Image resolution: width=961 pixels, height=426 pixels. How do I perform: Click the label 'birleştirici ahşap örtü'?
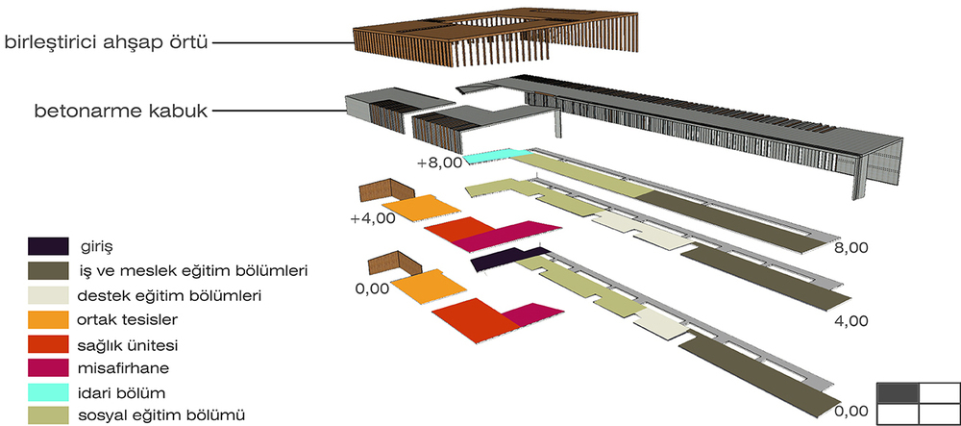tap(107, 43)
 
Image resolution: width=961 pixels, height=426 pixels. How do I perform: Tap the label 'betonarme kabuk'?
tap(121, 113)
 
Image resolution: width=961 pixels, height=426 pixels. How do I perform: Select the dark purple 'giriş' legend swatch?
tap(48, 246)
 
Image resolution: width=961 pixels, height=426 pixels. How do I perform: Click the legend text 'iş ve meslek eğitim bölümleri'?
tap(192, 270)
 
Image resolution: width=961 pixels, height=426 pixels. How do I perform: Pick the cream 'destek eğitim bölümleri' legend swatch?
tap(48, 295)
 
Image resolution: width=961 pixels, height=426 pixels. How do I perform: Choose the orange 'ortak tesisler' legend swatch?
tap(48, 320)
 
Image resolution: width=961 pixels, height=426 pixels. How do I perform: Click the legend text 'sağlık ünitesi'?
tap(128, 345)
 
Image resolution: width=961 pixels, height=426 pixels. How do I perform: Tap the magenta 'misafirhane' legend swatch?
tap(48, 367)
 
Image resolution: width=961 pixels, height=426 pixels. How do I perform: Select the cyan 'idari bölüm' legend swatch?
tap(48, 391)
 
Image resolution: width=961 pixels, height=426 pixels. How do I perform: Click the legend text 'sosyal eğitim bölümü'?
tap(162, 416)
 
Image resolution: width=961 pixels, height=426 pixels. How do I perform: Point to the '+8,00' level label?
tap(439, 163)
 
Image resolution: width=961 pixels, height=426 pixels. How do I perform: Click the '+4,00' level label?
tap(373, 219)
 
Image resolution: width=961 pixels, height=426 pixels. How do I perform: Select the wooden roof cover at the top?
tap(495, 37)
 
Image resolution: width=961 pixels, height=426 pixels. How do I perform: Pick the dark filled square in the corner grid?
tap(898, 392)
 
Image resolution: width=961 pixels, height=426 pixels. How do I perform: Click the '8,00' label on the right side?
tap(851, 248)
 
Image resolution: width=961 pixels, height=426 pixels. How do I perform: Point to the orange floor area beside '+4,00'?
tap(421, 210)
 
